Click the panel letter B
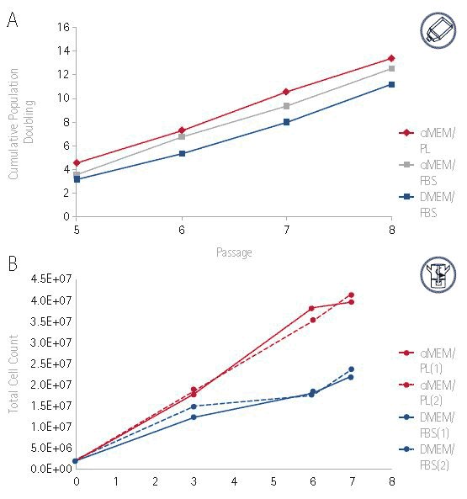(x=13, y=263)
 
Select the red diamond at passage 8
(x=391, y=59)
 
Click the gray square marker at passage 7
(x=286, y=106)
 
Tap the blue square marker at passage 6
(x=181, y=153)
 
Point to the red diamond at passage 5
(x=77, y=163)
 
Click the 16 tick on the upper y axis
(x=61, y=28)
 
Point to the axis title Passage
(x=233, y=252)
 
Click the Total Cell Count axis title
(x=13, y=374)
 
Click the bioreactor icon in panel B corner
(x=438, y=275)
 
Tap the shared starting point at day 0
(x=77, y=460)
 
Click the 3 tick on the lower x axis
(x=194, y=482)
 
